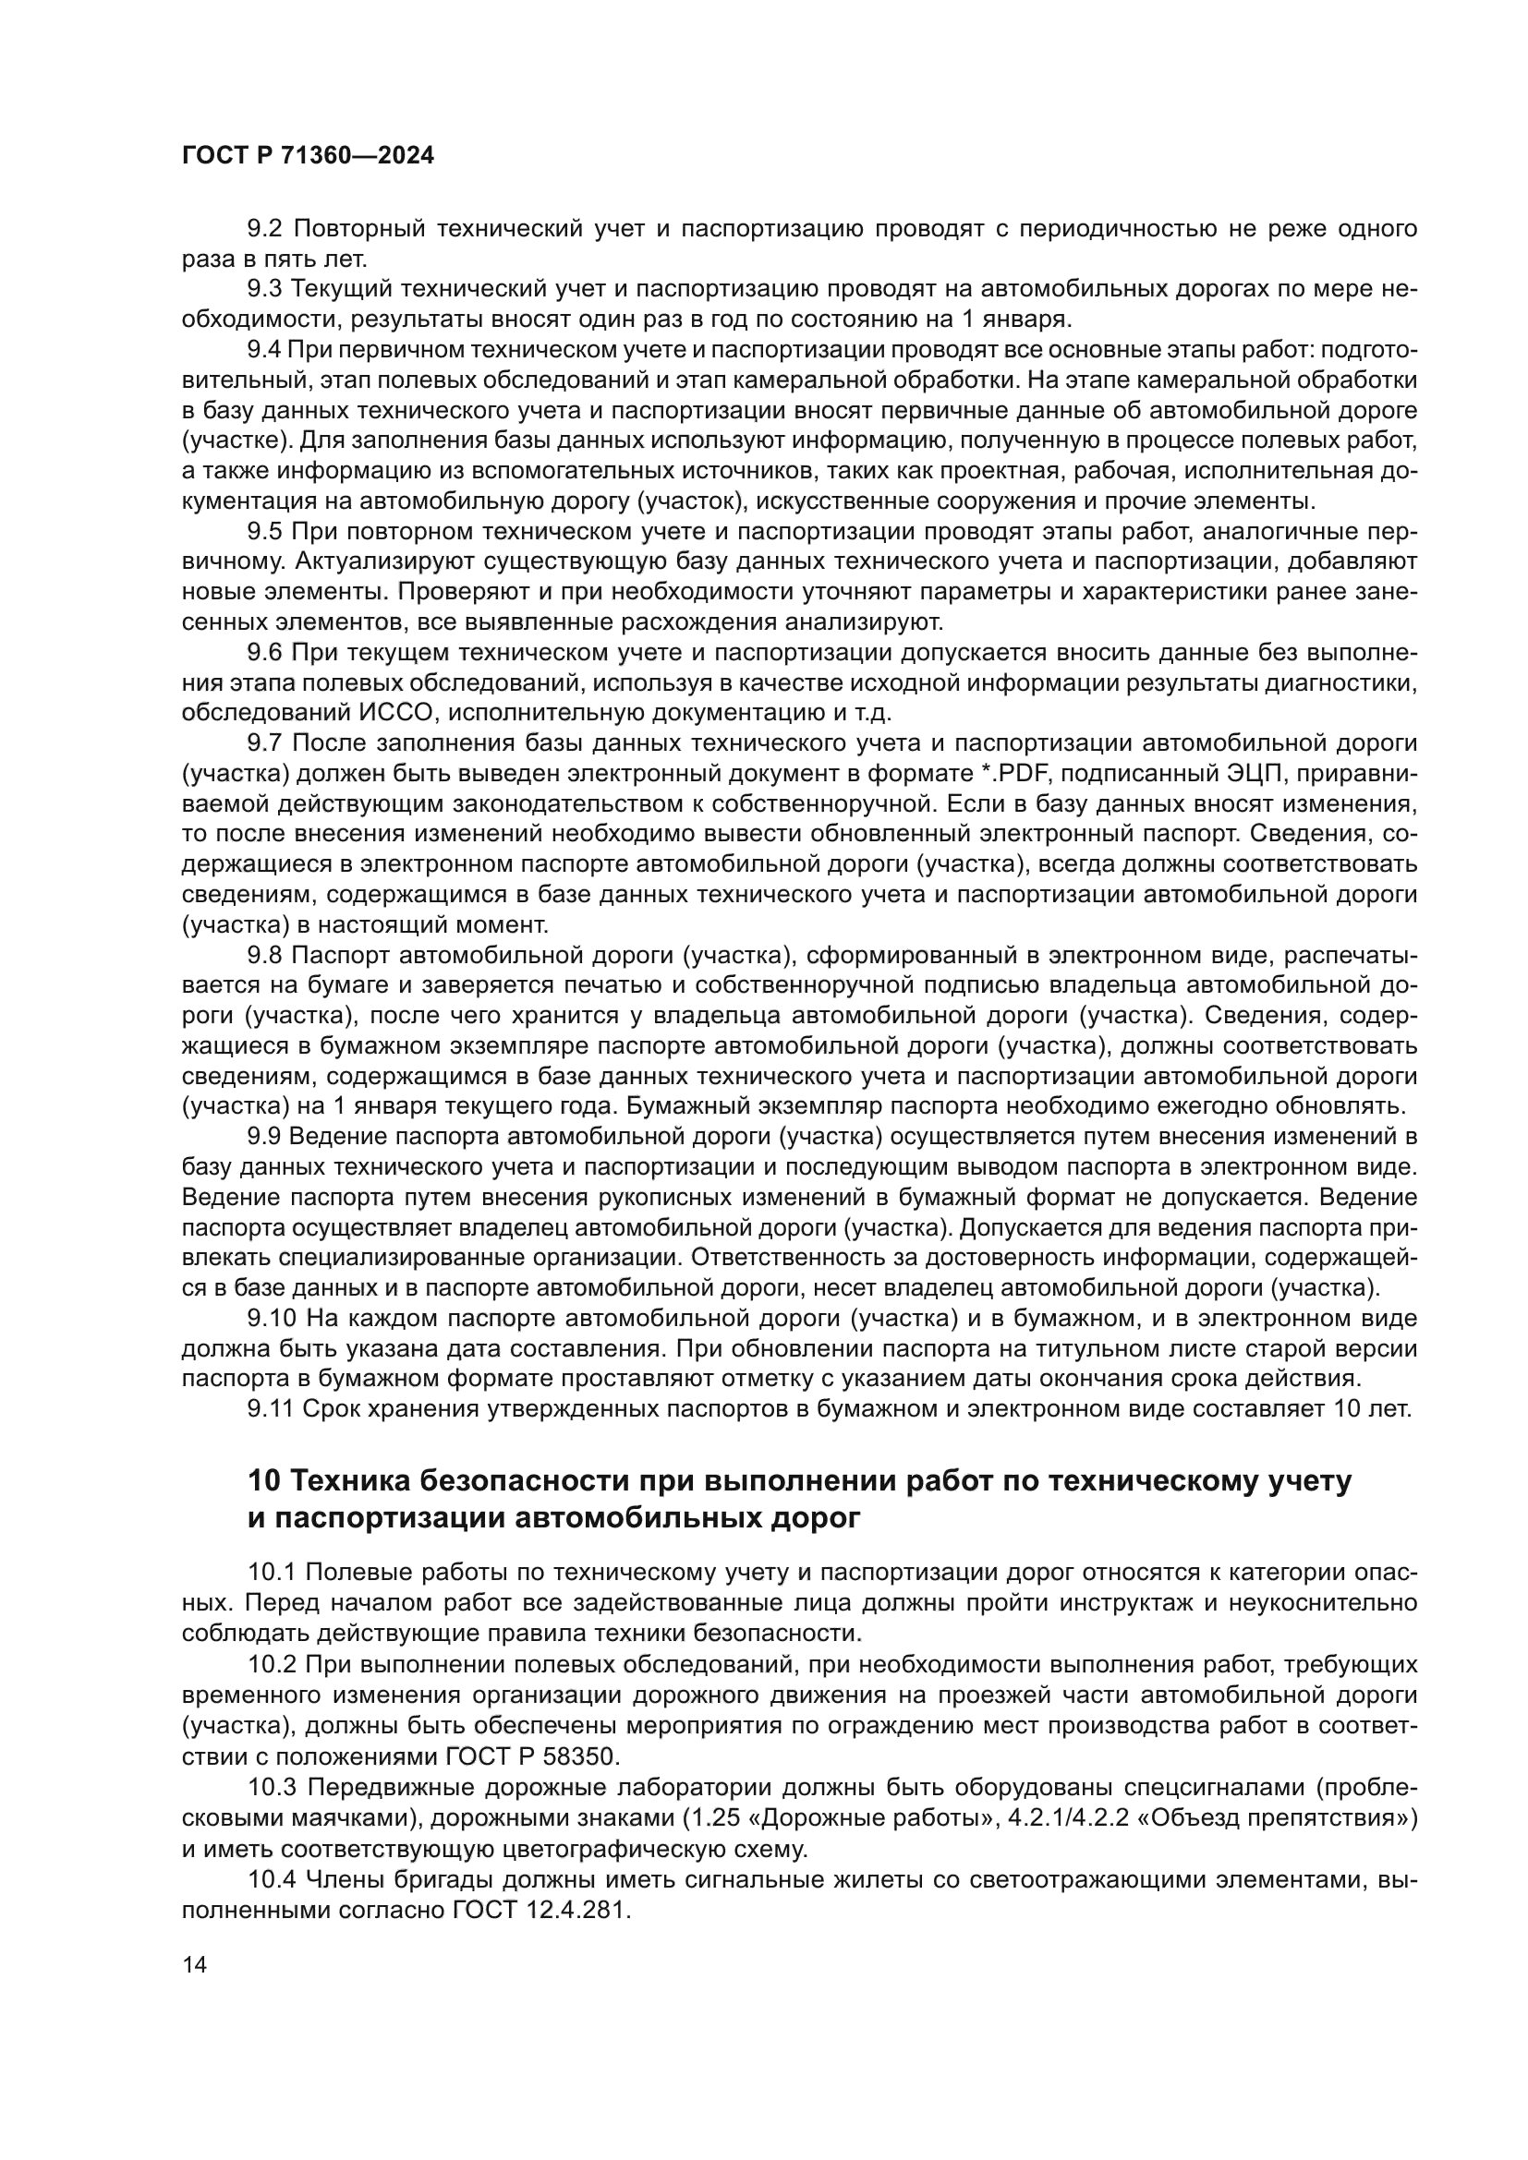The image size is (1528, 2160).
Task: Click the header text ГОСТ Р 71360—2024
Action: point(308,156)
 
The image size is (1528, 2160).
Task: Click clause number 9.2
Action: point(265,229)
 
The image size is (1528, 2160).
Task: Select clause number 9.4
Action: point(265,350)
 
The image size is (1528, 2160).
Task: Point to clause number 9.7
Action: point(265,743)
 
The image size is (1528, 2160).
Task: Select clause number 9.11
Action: point(270,1409)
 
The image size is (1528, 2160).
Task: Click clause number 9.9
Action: point(265,1137)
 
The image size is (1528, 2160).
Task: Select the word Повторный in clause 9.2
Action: point(360,229)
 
